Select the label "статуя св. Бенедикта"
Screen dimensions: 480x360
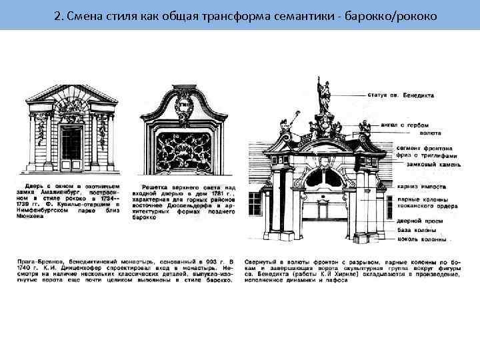pos(401,95)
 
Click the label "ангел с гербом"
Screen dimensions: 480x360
pos(399,124)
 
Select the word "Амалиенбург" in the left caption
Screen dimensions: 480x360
pos(74,190)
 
